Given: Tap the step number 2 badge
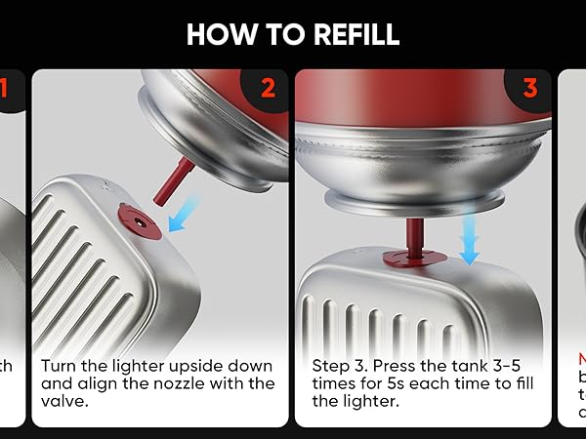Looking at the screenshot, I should [267, 89].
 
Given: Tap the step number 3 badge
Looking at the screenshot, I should [530, 89].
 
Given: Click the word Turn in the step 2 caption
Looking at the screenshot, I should [59, 365].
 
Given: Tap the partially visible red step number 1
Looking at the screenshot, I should [4, 89].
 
